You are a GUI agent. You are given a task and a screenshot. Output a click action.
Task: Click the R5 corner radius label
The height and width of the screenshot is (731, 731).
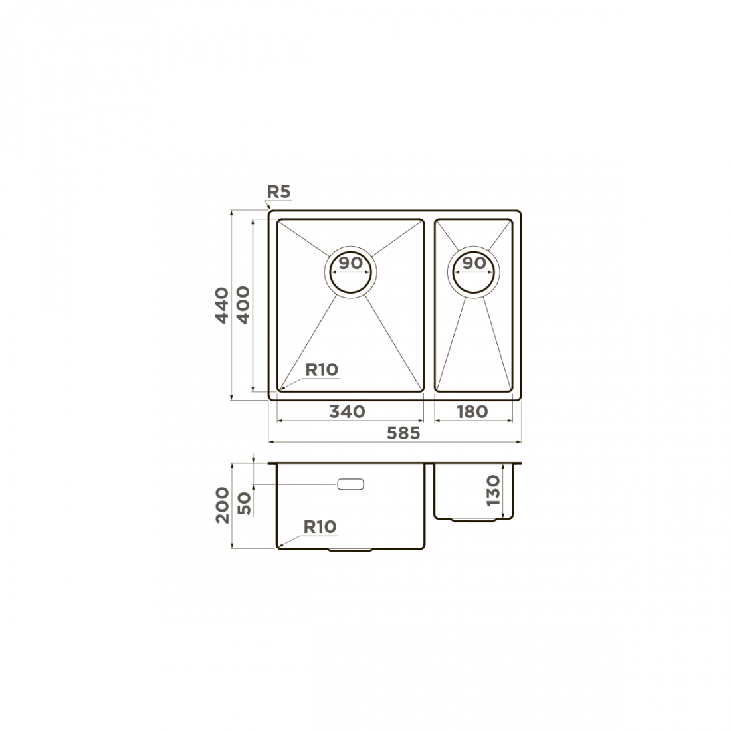tap(279, 191)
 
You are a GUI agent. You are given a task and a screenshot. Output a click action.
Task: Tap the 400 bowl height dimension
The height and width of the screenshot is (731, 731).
tap(243, 305)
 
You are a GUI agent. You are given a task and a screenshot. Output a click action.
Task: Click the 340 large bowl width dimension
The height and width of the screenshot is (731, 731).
tap(348, 411)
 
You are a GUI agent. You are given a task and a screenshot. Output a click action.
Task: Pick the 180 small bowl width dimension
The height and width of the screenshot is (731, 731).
tap(472, 411)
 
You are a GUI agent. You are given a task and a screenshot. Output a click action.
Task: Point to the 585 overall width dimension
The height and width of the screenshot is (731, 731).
tap(404, 433)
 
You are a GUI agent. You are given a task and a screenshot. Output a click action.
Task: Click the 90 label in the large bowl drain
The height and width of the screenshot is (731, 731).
tap(351, 263)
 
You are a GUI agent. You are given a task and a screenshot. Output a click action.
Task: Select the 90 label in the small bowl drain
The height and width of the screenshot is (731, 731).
tap(474, 263)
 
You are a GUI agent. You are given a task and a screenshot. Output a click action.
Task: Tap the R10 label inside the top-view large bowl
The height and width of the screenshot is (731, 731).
tap(322, 369)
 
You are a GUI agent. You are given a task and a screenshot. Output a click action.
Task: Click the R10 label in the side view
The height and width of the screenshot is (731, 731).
tap(320, 527)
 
